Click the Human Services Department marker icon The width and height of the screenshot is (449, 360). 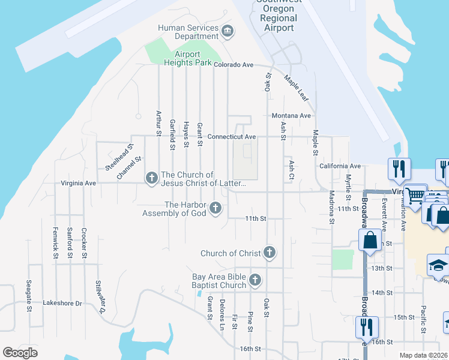coord(228,31)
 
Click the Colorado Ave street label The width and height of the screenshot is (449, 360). coord(234,65)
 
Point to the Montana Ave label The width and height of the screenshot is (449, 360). coord(291,116)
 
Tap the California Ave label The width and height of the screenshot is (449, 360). coord(340,166)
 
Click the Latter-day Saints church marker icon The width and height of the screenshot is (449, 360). coord(151,178)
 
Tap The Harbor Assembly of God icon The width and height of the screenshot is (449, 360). coord(216,209)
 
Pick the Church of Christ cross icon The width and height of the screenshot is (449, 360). coord(270,253)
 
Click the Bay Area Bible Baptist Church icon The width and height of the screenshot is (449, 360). coord(255,280)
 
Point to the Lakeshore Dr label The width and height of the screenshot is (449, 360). coord(62,304)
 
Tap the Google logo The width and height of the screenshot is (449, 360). coord(20,353)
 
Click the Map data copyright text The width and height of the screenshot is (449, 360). coord(423,355)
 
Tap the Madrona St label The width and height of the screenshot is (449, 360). coord(331,208)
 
